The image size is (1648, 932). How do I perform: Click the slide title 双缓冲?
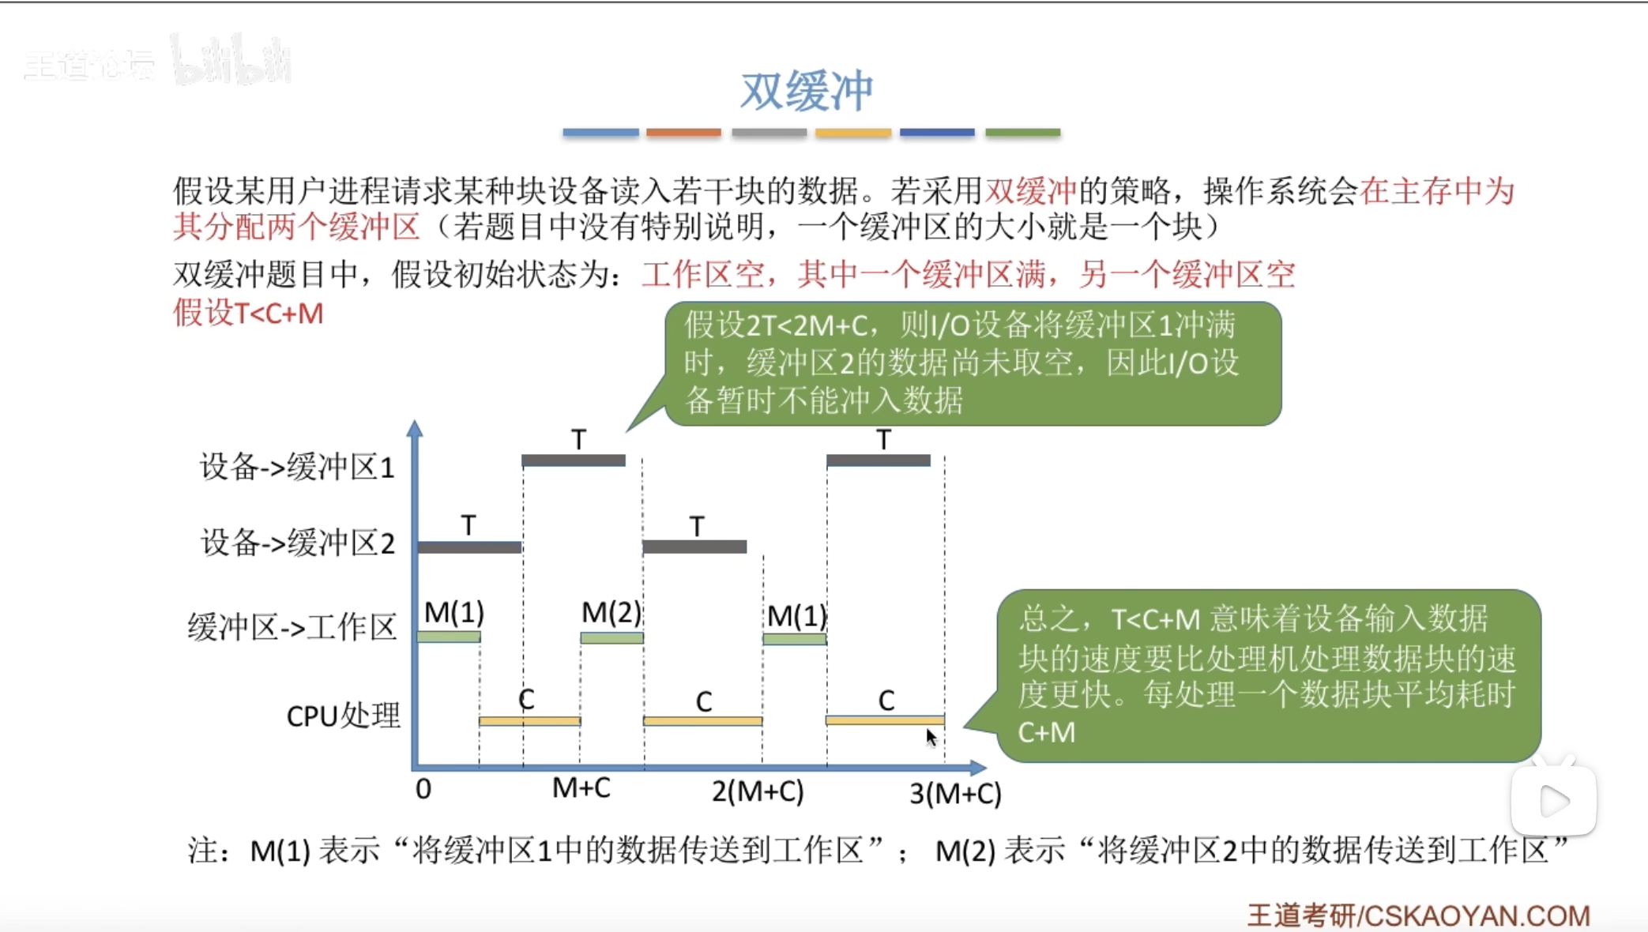(807, 91)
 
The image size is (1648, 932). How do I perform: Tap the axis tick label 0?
(423, 789)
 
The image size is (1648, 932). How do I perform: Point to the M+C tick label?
(581, 787)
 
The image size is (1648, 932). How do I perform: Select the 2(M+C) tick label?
(758, 791)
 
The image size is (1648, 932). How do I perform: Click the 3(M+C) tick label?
(955, 793)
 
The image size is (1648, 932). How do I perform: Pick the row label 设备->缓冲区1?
(297, 467)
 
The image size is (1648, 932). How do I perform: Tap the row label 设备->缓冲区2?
(298, 543)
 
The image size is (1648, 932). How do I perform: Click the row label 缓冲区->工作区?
(292, 627)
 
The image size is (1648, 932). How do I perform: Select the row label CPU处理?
(343, 716)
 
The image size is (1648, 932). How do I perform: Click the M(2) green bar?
(611, 637)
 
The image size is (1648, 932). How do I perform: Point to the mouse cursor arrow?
(931, 737)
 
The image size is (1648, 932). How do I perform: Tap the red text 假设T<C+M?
(248, 314)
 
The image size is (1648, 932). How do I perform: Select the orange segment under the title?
(683, 133)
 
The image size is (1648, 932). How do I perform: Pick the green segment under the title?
(1022, 133)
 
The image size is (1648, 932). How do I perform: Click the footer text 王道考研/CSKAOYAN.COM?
(1418, 915)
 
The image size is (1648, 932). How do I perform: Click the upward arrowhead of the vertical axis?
(415, 429)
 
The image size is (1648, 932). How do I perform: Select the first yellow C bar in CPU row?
(529, 721)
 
